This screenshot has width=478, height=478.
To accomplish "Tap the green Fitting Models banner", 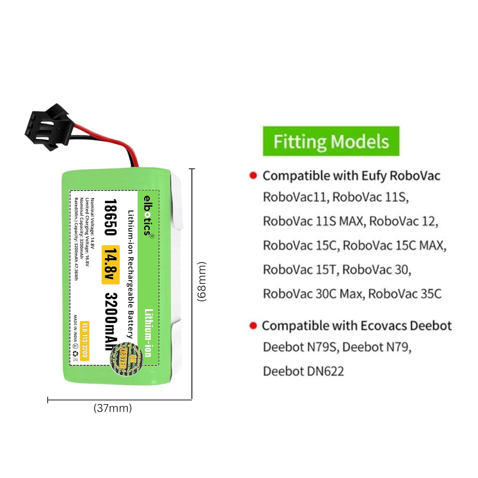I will pyautogui.click(x=331, y=141).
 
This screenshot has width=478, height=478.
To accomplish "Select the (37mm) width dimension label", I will pyautogui.click(x=112, y=408).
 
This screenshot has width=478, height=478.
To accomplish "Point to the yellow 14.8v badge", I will pyautogui.click(x=111, y=264).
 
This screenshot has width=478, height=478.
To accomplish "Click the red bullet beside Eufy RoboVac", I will pyautogui.click(x=253, y=176).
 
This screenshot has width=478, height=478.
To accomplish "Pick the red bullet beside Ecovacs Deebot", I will pyautogui.click(x=253, y=325).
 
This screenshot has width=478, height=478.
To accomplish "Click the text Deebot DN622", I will pyautogui.click(x=303, y=371).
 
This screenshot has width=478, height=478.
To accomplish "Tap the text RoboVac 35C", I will pyautogui.click(x=405, y=294).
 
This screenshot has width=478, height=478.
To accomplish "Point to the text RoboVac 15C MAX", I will pyautogui.click(x=395, y=245).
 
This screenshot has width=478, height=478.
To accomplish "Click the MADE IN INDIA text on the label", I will pyautogui.click(x=75, y=328).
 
